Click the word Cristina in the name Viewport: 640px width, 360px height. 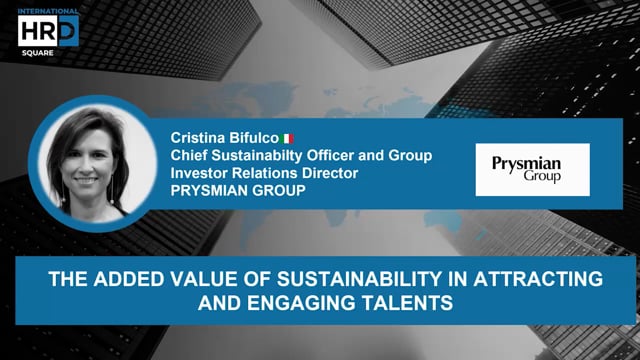coord(200,138)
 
